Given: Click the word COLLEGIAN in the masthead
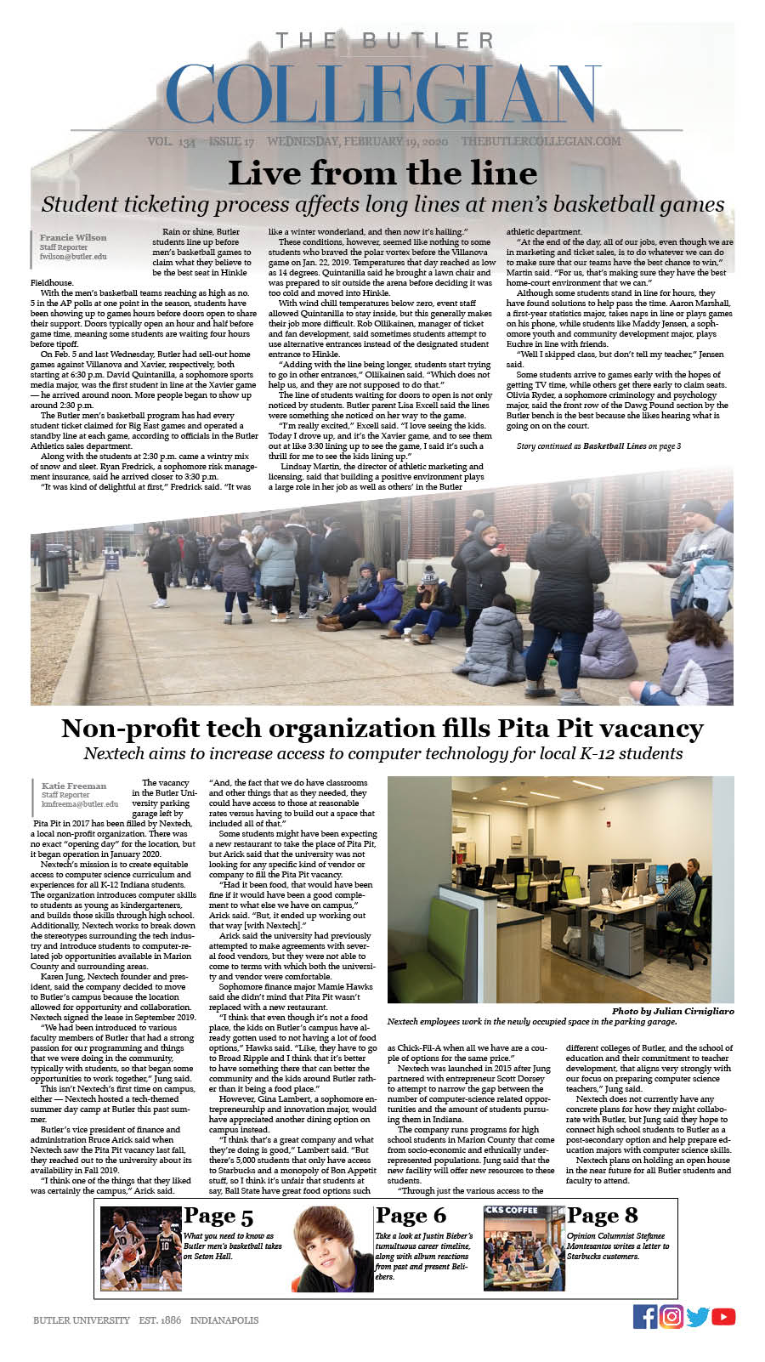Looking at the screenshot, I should [382, 94].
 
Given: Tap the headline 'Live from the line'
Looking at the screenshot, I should [382, 173].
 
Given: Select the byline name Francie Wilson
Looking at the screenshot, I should [73, 237].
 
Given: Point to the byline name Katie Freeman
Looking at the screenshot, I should [74, 786].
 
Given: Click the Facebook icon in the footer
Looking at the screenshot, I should [645, 1317].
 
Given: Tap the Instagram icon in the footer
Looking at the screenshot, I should [671, 1317].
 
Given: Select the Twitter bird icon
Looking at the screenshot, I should [698, 1317].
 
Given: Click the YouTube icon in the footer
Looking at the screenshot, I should [723, 1317].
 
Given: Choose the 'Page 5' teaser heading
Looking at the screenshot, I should [218, 1216].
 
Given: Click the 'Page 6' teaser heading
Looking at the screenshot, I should [411, 1216].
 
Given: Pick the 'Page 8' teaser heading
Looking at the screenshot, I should [603, 1216].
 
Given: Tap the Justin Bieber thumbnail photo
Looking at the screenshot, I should [332, 1249].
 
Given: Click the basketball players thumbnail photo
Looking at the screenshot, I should [140, 1249].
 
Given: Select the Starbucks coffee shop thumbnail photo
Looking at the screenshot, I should [524, 1249].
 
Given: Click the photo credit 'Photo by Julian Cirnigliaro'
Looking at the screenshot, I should [672, 1011].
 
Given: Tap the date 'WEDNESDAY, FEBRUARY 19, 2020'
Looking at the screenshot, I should [358, 141].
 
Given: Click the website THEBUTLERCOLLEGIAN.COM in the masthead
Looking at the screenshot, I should [541, 141].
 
